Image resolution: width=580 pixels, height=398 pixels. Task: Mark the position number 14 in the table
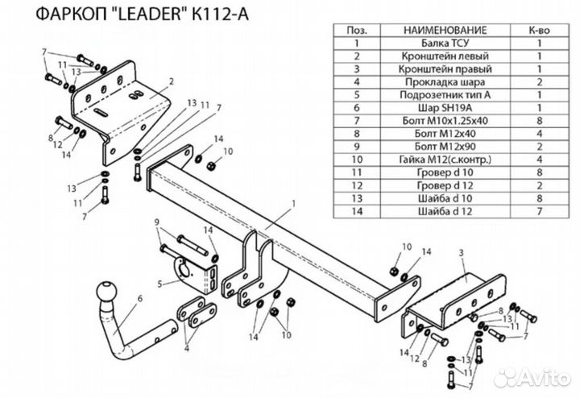pyautogui.click(x=355, y=210)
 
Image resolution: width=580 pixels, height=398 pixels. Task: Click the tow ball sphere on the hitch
pyautogui.click(x=108, y=292)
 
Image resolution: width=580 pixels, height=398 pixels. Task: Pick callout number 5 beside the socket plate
pyautogui.click(x=161, y=283)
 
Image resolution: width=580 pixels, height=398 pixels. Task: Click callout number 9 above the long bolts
pyautogui.click(x=158, y=222)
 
